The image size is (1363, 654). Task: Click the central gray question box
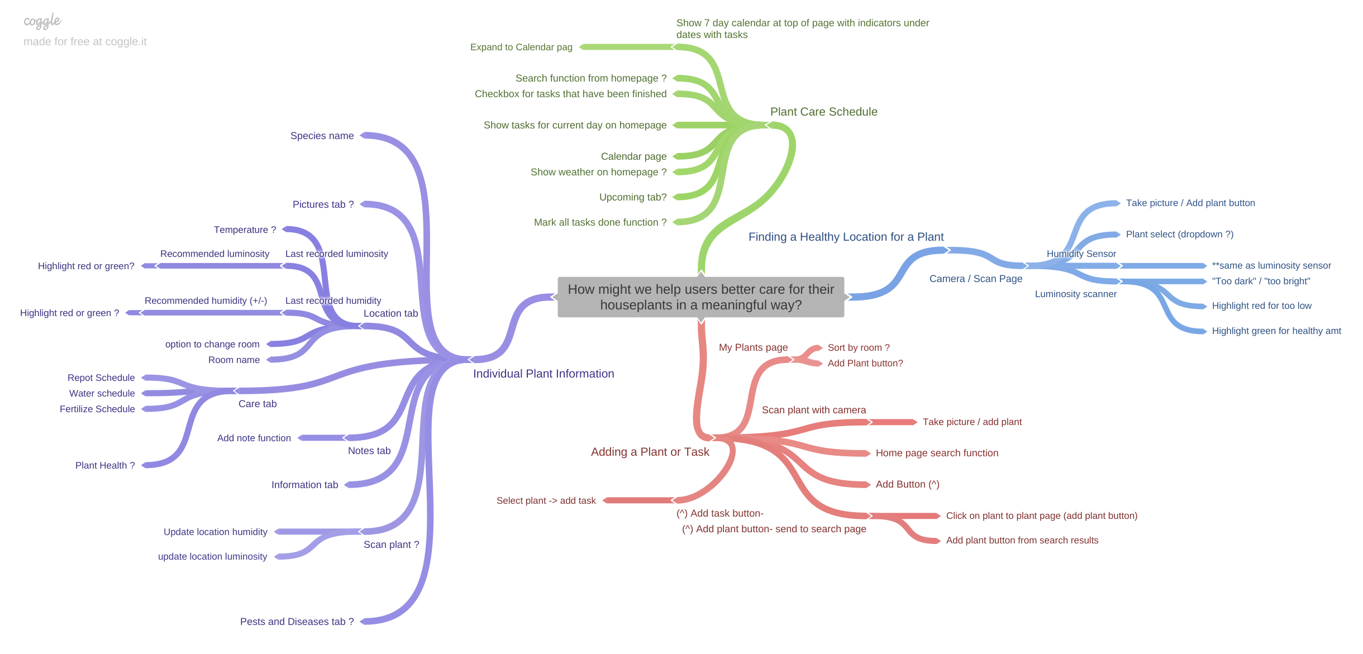[700, 297]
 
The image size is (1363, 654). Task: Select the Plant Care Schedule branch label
[823, 112]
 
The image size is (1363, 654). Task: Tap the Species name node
[322, 136]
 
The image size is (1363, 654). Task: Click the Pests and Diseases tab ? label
[297, 622]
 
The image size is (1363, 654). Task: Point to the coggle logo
[42, 21]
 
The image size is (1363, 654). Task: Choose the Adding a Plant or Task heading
[650, 452]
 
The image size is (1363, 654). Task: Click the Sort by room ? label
[859, 347]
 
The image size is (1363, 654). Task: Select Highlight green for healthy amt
[1276, 331]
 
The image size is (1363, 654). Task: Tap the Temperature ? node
[245, 230]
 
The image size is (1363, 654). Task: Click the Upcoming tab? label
[632, 197]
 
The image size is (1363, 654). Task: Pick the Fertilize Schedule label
[97, 409]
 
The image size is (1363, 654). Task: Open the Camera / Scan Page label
[975, 279]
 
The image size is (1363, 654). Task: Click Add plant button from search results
[1022, 540]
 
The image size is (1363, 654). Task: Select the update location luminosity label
[212, 556]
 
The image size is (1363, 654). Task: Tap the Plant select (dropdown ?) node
[1179, 234]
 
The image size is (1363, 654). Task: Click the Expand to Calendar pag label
[521, 47]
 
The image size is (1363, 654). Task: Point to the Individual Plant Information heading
[543, 374]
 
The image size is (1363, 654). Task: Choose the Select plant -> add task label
[546, 500]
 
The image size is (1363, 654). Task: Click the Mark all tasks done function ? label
[600, 222]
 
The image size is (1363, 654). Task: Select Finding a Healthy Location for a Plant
[846, 237]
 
